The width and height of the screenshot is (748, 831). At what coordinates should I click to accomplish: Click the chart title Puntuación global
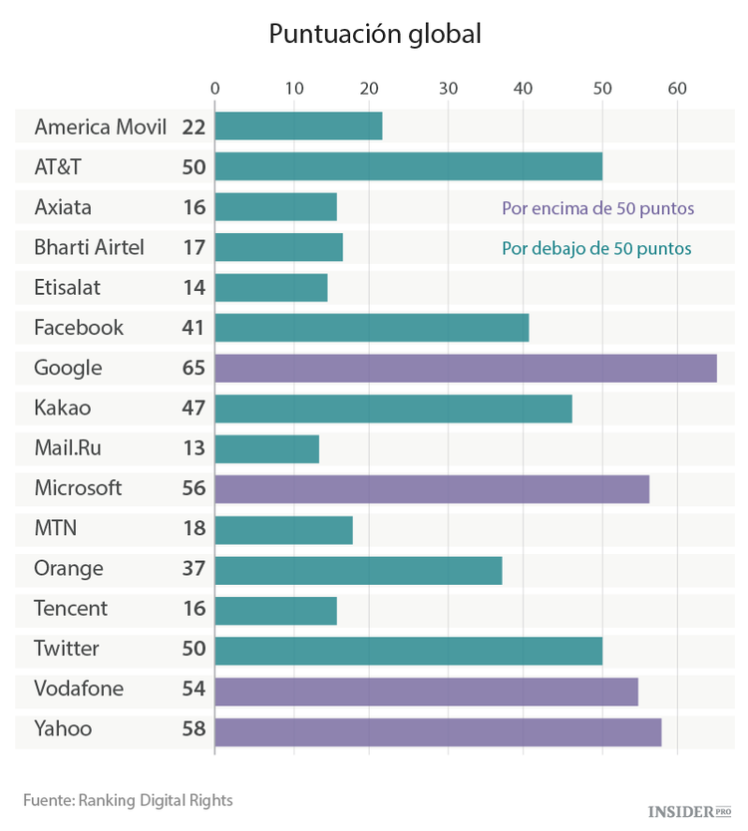[374, 34]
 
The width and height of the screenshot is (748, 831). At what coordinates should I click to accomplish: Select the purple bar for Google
[465, 368]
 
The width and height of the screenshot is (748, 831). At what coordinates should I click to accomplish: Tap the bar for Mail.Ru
[266, 448]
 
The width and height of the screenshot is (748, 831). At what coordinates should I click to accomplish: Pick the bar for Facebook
[371, 328]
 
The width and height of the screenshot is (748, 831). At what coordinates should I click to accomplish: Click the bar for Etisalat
[270, 288]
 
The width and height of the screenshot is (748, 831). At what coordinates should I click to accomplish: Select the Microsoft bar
[432, 488]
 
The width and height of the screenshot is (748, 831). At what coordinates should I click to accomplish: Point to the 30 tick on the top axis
[448, 89]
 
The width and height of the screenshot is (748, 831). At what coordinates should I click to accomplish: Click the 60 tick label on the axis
[678, 89]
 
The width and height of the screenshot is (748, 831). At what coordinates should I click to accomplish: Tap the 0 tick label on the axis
[215, 89]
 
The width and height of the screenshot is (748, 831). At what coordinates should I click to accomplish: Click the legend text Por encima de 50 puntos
[597, 209]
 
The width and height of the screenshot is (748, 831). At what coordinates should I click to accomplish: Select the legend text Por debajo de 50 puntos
[596, 248]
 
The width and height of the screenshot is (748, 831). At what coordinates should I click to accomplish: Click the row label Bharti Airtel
[89, 247]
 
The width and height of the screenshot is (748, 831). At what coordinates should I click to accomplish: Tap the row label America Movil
[100, 127]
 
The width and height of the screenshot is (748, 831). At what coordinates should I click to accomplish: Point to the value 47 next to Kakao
[193, 408]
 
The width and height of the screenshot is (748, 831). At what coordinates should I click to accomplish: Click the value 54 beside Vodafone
[193, 689]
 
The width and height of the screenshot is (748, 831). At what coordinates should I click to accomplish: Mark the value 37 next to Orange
[193, 568]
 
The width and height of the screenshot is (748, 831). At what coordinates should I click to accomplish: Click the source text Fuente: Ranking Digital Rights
[128, 799]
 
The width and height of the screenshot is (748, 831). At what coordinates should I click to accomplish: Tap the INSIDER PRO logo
[689, 812]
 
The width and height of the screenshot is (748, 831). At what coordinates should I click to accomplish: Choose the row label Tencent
[71, 608]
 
